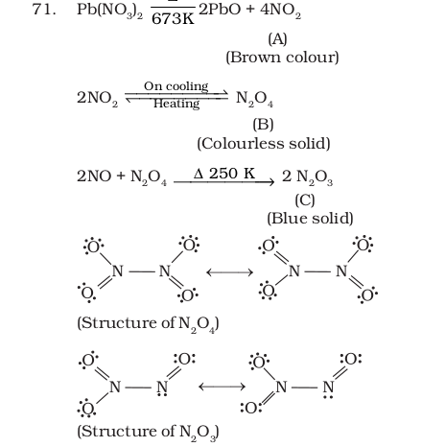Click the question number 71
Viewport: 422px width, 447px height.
pyautogui.click(x=44, y=10)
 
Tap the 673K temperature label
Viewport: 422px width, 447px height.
pyautogui.click(x=173, y=19)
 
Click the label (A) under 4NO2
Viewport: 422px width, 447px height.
pyautogui.click(x=277, y=39)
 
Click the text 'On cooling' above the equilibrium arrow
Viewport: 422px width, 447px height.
pyautogui.click(x=176, y=86)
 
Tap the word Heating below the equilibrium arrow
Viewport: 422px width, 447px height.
pyautogui.click(x=176, y=104)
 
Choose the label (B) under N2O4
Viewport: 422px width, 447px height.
pyautogui.click(x=263, y=125)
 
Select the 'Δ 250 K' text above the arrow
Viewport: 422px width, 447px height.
pyautogui.click(x=224, y=174)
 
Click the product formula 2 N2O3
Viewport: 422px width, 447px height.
pyautogui.click(x=307, y=176)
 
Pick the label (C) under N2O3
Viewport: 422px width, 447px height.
pyautogui.click(x=305, y=200)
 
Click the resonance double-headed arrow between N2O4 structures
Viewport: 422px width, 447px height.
pyautogui.click(x=229, y=272)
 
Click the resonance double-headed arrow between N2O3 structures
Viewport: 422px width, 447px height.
pyautogui.click(x=222, y=387)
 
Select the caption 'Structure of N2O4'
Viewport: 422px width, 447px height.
pyautogui.click(x=148, y=324)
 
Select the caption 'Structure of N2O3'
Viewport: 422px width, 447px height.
pyautogui.click(x=148, y=432)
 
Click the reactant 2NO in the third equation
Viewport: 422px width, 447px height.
pyautogui.click(x=94, y=176)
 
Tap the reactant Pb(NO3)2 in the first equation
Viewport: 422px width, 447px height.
pyautogui.click(x=109, y=11)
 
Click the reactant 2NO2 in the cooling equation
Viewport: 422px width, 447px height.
pyautogui.click(x=97, y=98)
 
